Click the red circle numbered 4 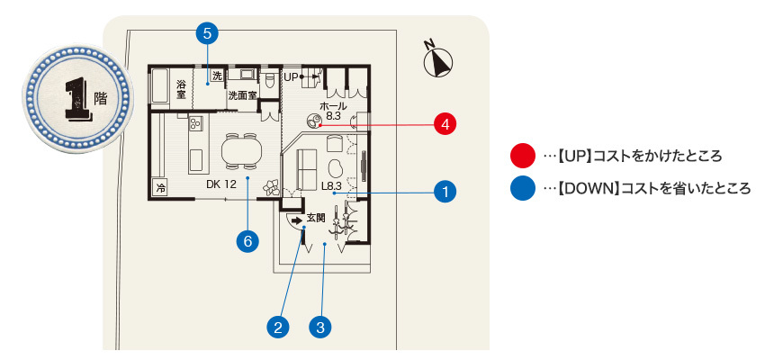(x=444, y=124)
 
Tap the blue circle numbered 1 (x=444, y=191)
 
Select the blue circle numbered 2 (x=279, y=326)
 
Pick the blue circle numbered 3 (x=319, y=326)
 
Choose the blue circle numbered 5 (x=207, y=34)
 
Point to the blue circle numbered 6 (x=247, y=240)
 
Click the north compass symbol (x=437, y=61)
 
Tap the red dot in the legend (x=520, y=157)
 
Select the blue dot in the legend (x=520, y=189)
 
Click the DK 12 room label (x=220, y=184)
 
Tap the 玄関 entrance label (x=315, y=218)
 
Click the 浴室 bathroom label (x=181, y=89)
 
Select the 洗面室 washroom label (x=241, y=94)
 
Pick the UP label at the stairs (x=290, y=77)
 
